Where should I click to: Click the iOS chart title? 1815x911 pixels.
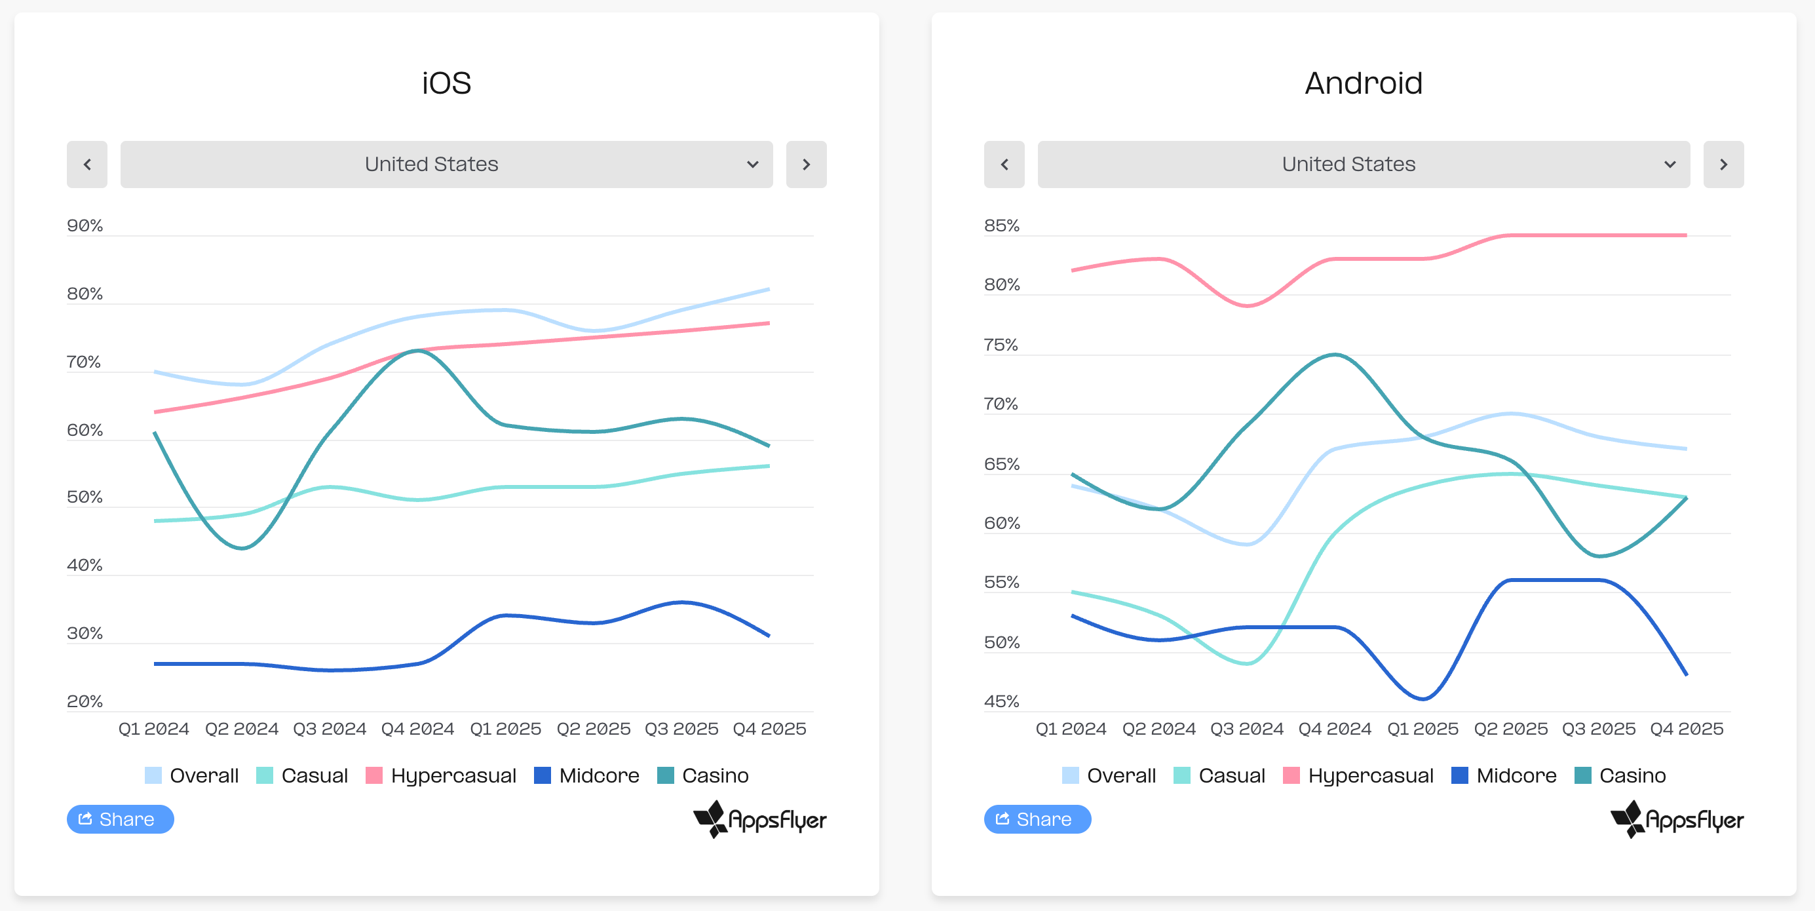click(446, 83)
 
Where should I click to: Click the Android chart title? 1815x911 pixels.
click(1364, 83)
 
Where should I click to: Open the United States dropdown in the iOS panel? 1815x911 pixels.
click(447, 164)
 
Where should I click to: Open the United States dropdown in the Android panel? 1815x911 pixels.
click(1364, 164)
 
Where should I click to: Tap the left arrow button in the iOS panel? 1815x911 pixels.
click(87, 164)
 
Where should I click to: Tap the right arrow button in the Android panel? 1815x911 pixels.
click(1723, 164)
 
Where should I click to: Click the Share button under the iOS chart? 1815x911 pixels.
click(121, 819)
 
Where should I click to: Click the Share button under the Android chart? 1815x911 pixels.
click(1038, 819)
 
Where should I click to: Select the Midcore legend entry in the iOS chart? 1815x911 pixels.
click(586, 775)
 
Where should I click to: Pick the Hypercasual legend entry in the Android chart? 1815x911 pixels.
click(1358, 775)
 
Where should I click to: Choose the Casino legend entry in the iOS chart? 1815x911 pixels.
click(702, 775)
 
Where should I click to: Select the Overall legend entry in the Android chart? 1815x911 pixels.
click(1109, 775)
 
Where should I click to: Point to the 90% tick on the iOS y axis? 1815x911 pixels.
click(85, 225)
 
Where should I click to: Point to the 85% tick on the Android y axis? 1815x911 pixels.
click(1002, 225)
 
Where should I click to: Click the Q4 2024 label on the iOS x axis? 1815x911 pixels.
click(418, 729)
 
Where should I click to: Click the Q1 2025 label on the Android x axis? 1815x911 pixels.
click(1423, 729)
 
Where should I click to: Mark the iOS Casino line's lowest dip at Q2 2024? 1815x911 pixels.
click(242, 547)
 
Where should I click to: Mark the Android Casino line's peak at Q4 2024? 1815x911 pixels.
click(1335, 355)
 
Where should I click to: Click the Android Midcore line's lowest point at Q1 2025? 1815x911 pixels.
click(1423, 699)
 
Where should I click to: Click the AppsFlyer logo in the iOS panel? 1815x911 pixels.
click(759, 819)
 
